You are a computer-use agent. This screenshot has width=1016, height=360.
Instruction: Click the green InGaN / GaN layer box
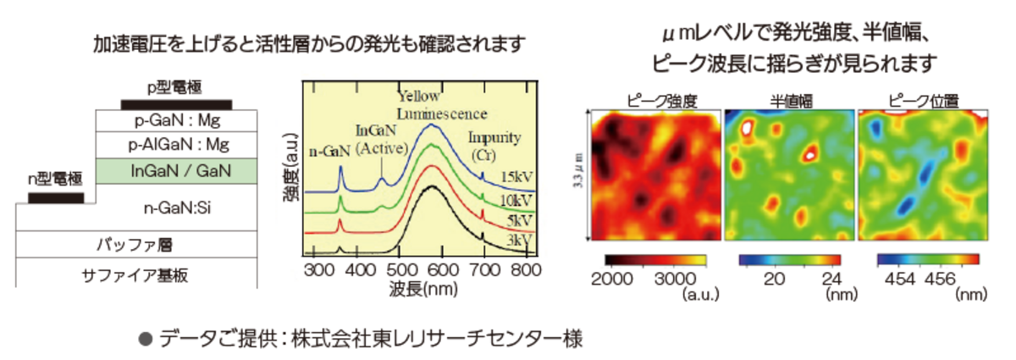pyautogui.click(x=175, y=171)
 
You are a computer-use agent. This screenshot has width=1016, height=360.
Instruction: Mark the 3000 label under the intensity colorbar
pyautogui.click(x=676, y=280)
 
